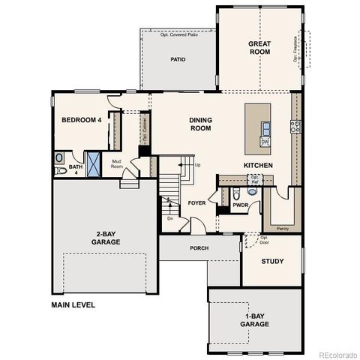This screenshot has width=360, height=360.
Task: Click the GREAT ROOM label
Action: coord(259,49)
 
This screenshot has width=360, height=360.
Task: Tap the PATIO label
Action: coord(178,59)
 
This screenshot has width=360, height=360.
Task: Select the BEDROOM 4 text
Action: coord(81,120)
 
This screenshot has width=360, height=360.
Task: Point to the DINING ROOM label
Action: coord(199,124)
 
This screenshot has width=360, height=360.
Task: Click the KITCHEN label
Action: coord(257,165)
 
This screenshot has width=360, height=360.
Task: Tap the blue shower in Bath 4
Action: coord(94,163)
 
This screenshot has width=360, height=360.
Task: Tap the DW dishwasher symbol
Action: coord(265,141)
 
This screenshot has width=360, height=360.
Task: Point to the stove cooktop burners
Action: coord(295,126)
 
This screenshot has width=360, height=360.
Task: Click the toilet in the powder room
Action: coord(252,190)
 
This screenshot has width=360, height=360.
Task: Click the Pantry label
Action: coord(283,227)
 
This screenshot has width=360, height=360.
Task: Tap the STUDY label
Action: coord(271,262)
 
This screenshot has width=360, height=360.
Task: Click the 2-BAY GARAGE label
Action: coord(105,238)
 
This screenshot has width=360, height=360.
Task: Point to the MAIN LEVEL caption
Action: coord(78,305)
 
